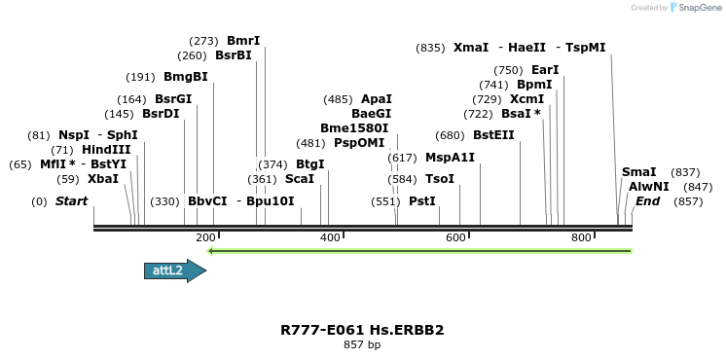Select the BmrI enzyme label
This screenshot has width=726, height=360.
tap(243, 41)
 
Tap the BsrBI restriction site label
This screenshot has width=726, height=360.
tap(234, 55)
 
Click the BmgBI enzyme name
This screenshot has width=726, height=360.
tap(185, 77)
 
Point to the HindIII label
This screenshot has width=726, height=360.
tap(105, 150)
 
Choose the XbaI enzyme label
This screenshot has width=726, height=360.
tap(103, 179)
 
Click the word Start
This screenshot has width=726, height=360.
tap(71, 201)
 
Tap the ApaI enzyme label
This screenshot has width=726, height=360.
tap(377, 99)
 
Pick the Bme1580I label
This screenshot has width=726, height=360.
tap(354, 127)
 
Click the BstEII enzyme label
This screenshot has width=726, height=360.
tap(493, 135)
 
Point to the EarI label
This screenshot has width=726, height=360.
tap(545, 70)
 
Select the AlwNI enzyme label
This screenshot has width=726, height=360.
tap(648, 186)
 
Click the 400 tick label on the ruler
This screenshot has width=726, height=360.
tap(330, 237)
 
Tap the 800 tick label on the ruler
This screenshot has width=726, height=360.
tap(581, 237)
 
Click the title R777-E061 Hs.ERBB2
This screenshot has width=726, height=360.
tap(362, 330)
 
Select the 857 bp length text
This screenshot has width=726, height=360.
tap(362, 345)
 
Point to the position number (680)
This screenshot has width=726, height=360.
tap(450, 135)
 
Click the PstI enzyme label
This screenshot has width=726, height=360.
tap(422, 201)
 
